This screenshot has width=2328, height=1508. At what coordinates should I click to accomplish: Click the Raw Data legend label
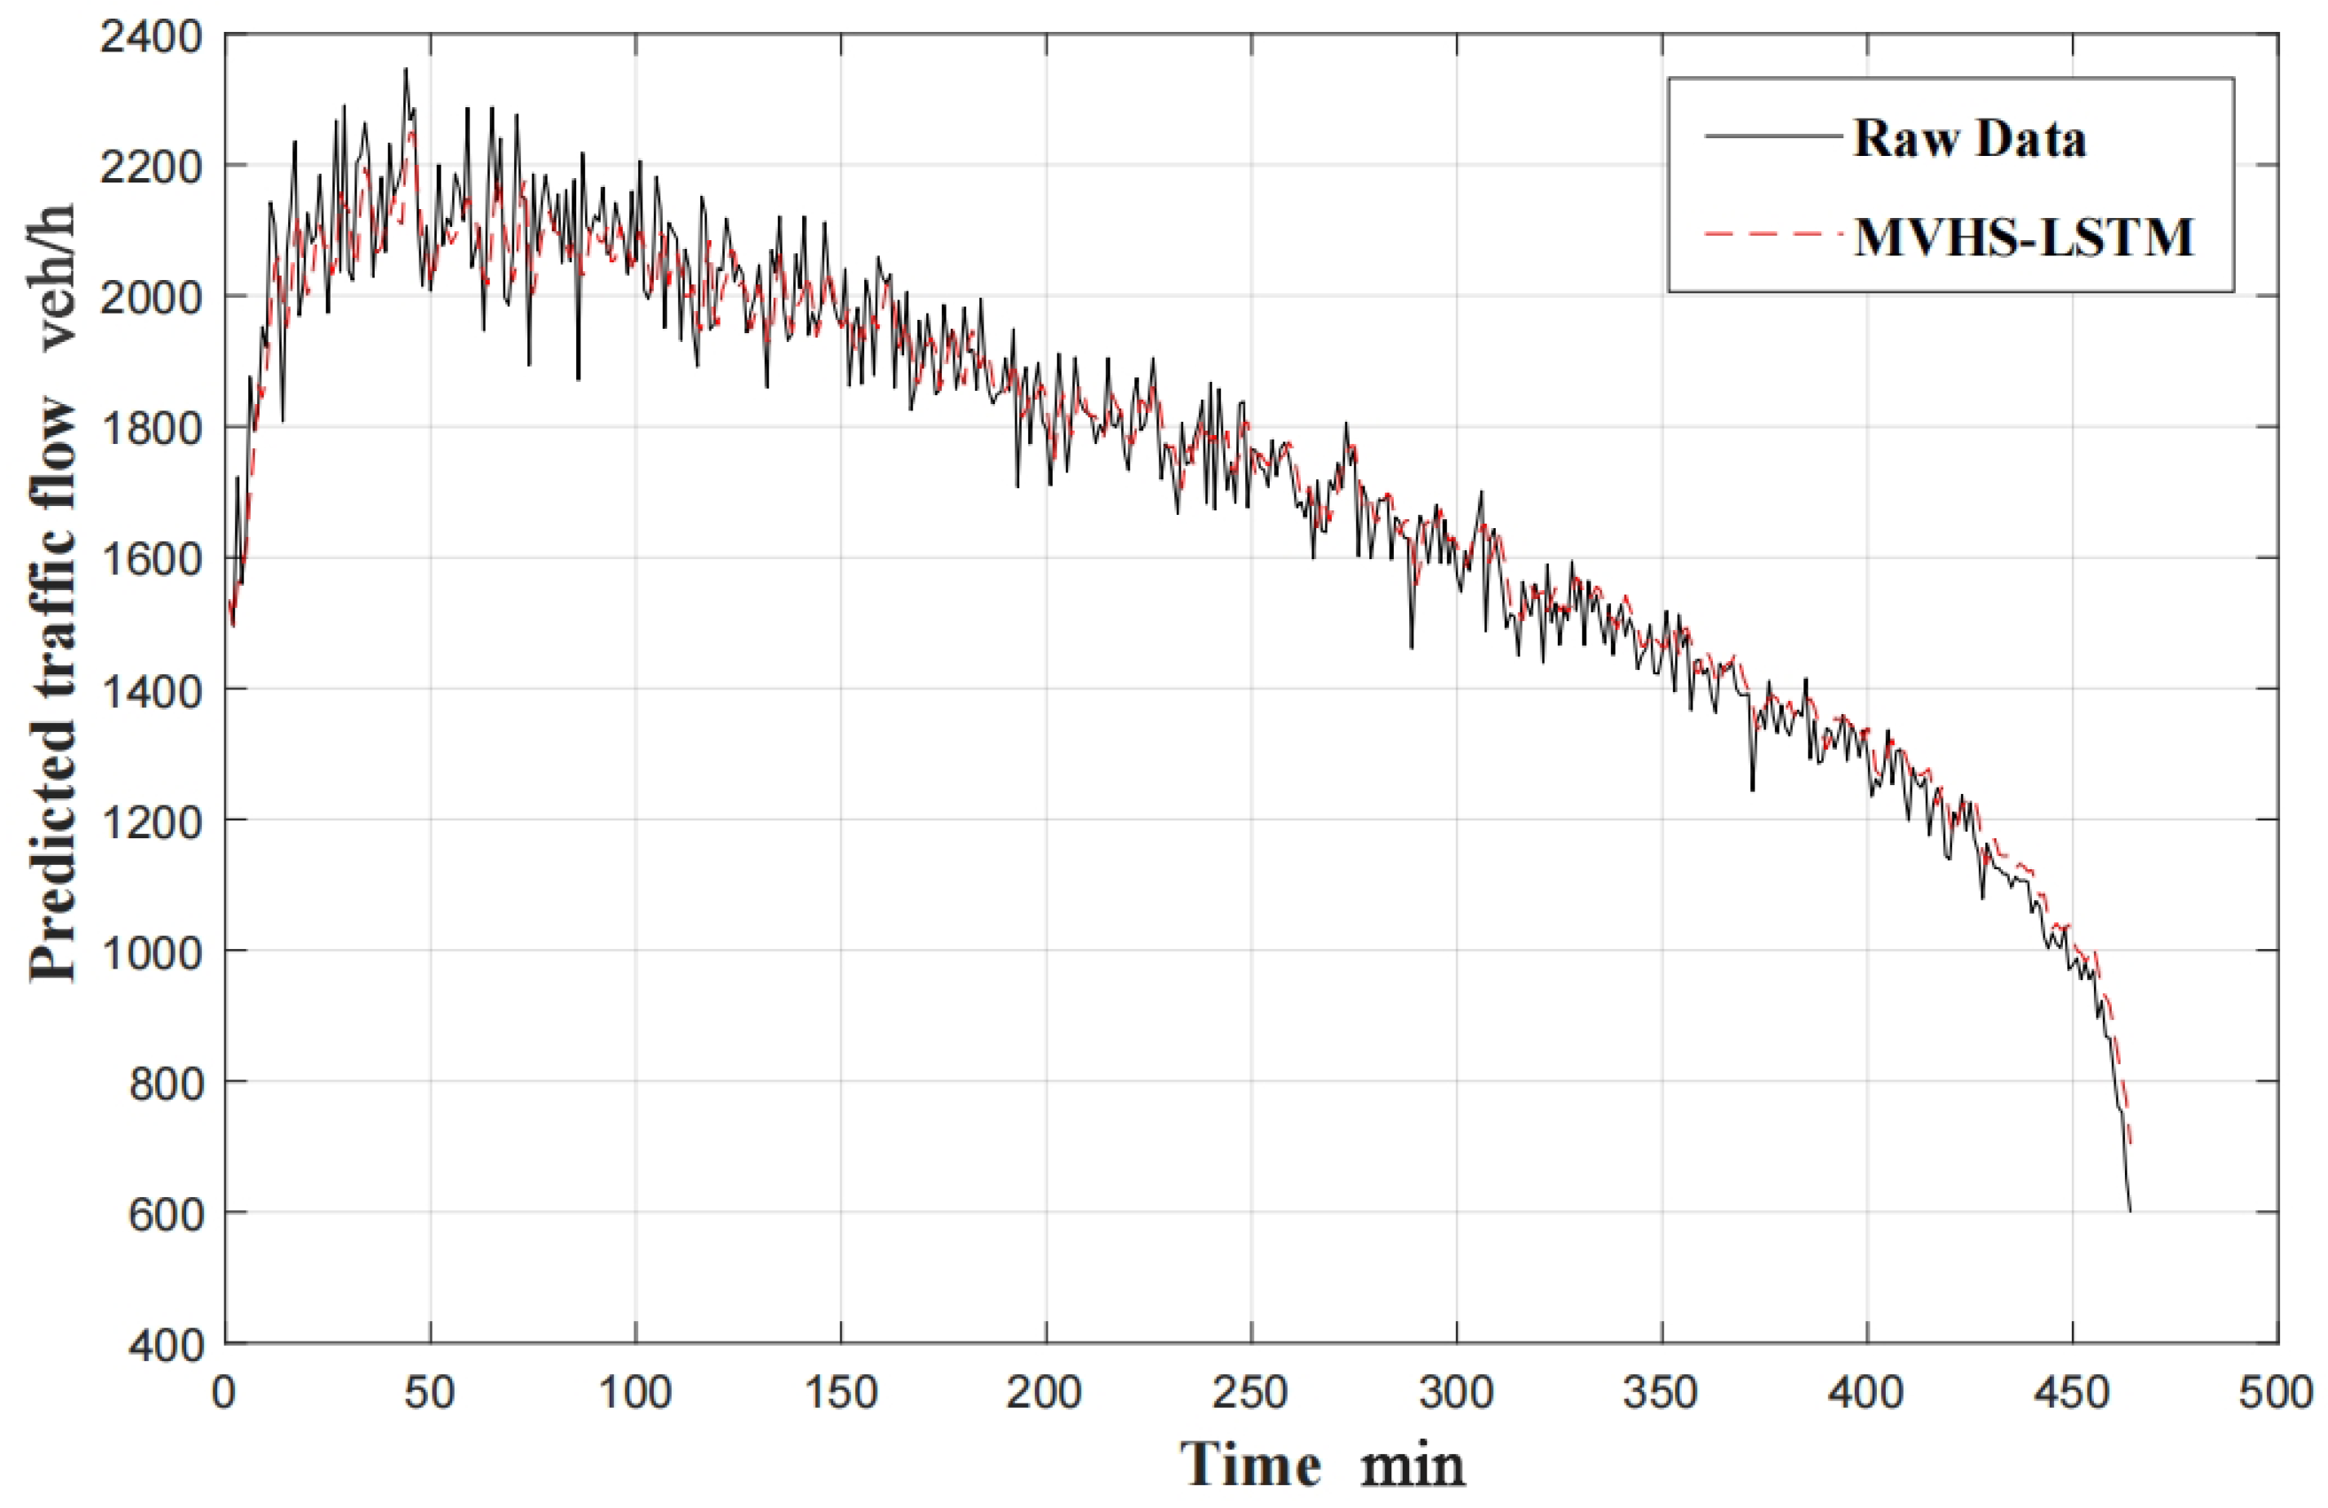(1969, 138)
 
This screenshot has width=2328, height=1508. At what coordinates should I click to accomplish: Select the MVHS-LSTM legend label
(2024, 237)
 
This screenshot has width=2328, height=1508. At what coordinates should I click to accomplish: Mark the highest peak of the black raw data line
(405, 69)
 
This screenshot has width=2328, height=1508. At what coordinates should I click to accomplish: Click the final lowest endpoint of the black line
(2129, 1210)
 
